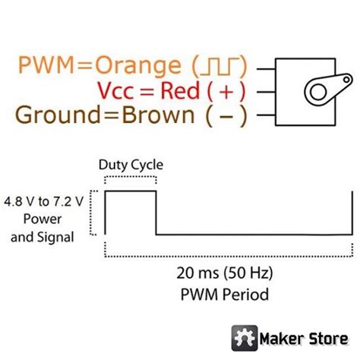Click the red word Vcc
118,91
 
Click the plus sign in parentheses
228,91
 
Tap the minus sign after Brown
229,115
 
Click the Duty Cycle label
131,165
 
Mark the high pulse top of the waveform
130,193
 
